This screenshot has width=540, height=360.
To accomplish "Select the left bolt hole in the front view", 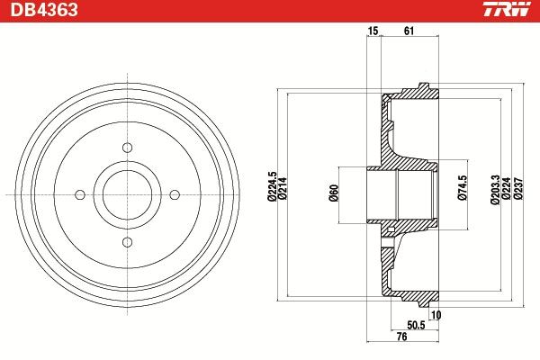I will (x=79, y=193).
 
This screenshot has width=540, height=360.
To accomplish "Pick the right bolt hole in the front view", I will (x=174, y=193).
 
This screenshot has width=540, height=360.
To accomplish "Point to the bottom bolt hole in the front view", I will (x=126, y=240).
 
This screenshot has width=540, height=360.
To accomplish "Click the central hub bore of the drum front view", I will (x=126, y=193).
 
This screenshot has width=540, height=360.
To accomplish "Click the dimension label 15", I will (x=373, y=31).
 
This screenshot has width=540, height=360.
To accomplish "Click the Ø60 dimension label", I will (x=332, y=193).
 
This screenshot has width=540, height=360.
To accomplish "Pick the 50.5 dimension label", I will (x=416, y=325).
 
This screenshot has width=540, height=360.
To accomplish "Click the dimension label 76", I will (x=401, y=337).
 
